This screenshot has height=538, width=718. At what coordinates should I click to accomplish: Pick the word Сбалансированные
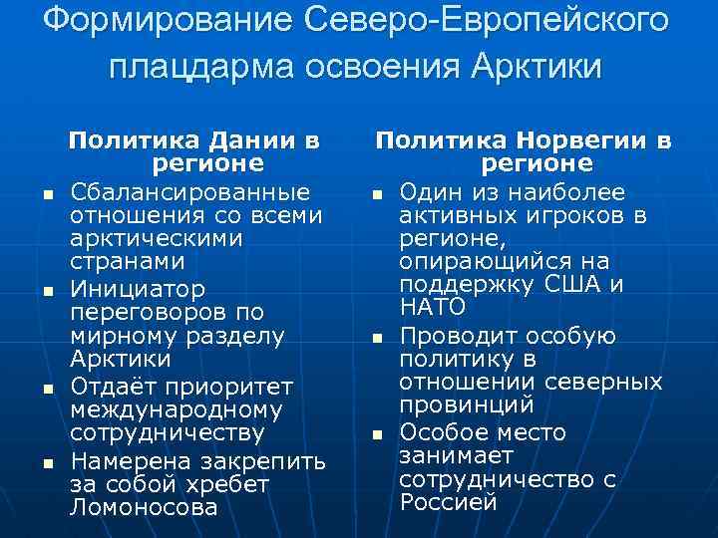point(189,190)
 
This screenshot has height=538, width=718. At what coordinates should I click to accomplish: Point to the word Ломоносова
point(143,506)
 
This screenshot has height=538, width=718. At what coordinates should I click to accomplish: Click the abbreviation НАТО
point(432,307)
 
